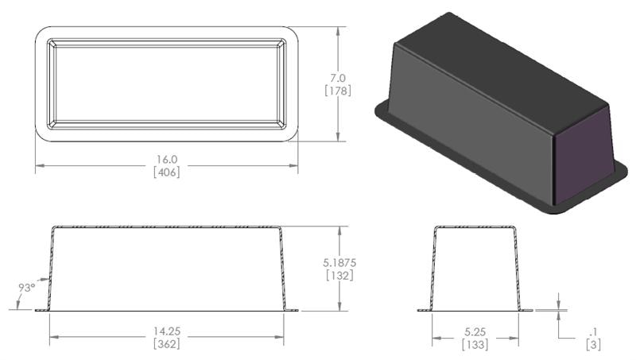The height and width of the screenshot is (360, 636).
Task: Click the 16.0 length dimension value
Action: pyautogui.click(x=167, y=159)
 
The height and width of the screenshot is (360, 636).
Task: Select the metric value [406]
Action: pyautogui.click(x=167, y=172)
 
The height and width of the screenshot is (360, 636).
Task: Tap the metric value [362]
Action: pyautogui.click(x=166, y=344)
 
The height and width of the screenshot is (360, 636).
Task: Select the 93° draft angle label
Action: pyautogui.click(x=26, y=287)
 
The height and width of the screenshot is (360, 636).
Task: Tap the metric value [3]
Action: pyautogui.click(x=593, y=344)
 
